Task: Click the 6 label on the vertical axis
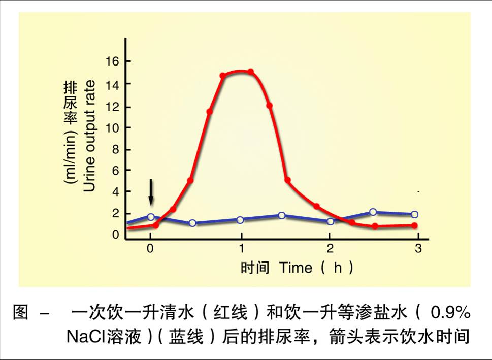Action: tap(115, 171)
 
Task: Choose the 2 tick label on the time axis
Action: tap(330, 249)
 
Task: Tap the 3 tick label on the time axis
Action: tap(418, 249)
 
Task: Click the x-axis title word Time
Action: tap(296, 268)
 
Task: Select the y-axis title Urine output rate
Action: tap(89, 136)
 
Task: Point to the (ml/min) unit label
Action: tap(70, 159)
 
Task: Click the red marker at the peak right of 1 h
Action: tap(250, 72)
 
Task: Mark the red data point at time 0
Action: tap(155, 225)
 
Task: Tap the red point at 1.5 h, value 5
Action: tap(287, 180)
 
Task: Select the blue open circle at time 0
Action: tap(151, 217)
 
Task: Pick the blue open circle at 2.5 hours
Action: tap(373, 212)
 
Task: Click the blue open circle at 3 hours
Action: tap(414, 214)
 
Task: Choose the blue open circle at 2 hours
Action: tap(331, 221)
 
